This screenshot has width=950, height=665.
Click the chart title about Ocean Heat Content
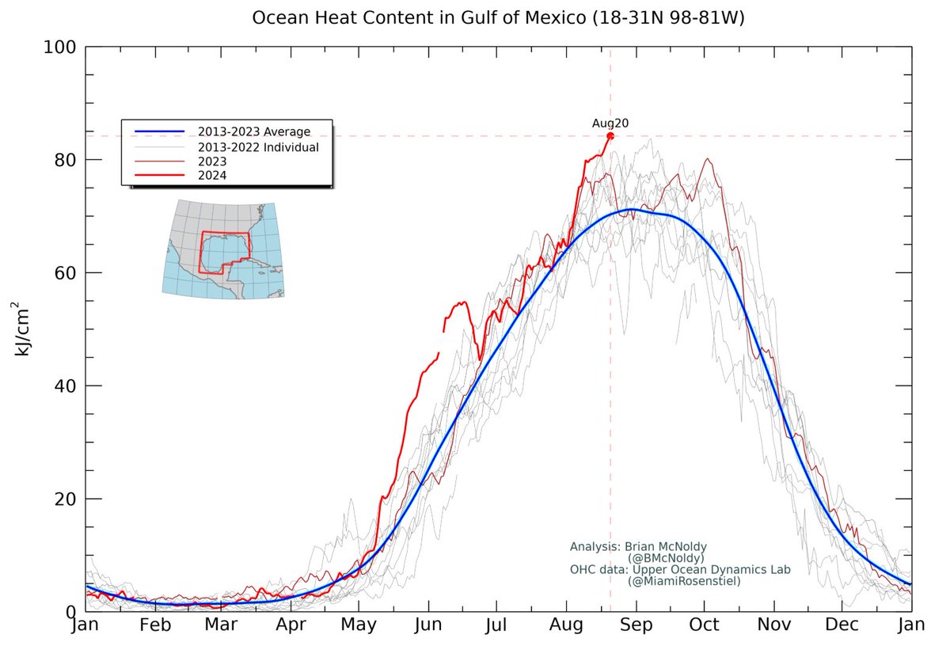(x=499, y=17)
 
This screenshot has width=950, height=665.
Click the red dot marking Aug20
(x=610, y=135)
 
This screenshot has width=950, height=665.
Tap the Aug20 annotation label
(x=610, y=123)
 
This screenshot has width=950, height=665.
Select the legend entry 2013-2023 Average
(x=254, y=131)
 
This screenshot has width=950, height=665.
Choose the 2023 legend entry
(x=212, y=161)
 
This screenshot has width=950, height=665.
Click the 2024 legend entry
(x=212, y=176)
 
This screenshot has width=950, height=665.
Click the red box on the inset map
(x=225, y=252)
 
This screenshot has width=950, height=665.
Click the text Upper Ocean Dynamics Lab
(x=709, y=569)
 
